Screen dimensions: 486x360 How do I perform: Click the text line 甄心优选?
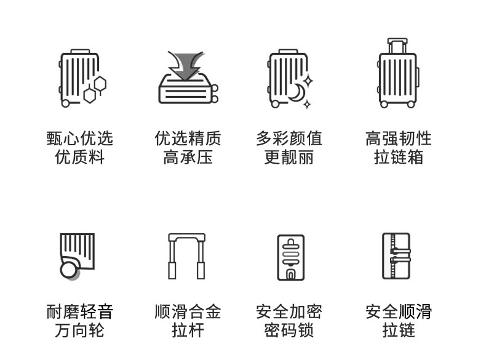pos(80,138)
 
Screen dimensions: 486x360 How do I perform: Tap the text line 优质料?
pos(80,158)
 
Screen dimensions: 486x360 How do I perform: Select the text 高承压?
pos(188,158)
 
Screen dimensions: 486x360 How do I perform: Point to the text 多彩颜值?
pos(289,138)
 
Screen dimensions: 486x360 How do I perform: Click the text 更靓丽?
pos(289,158)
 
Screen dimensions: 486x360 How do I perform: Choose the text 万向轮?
pos(80,331)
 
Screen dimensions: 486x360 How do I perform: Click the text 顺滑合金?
pos(188,311)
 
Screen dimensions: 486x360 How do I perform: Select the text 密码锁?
pos(289,331)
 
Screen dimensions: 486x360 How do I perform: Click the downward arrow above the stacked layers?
pos(186,65)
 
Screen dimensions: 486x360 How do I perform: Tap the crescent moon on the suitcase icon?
pos(296,92)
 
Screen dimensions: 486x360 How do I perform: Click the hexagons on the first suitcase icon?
pos(94,89)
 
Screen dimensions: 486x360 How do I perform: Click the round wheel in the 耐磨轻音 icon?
pos(69,270)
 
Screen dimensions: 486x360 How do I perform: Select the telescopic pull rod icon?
pos(187,256)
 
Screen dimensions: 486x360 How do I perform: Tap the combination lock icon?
pos(290,257)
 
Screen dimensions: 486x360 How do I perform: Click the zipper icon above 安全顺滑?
pos(396,256)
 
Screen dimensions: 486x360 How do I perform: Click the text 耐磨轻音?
pos(80,311)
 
